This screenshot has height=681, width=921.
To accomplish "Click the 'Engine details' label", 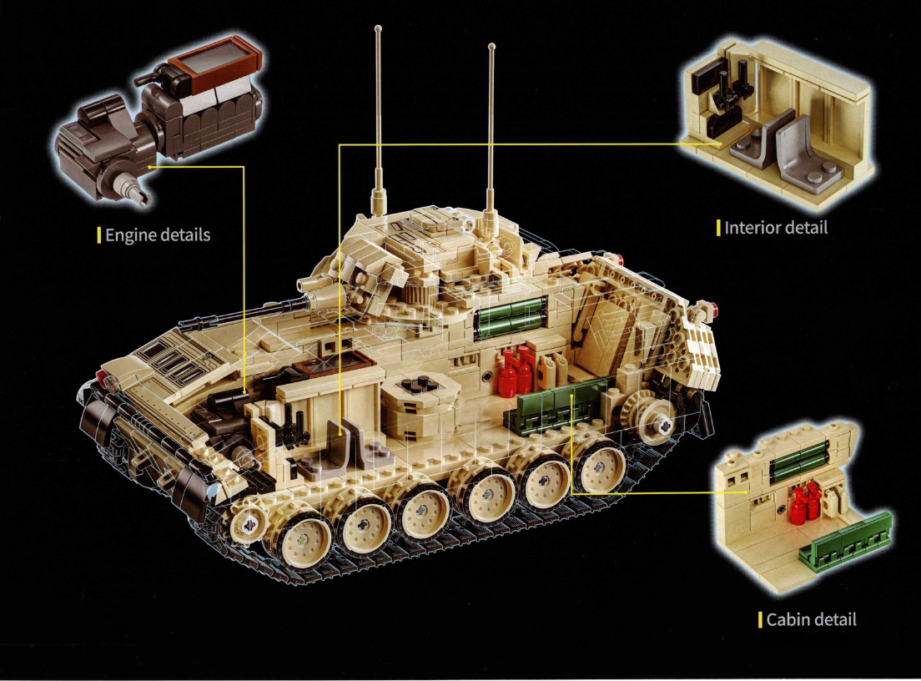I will point(157,235).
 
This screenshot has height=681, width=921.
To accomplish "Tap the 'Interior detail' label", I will point(776,228).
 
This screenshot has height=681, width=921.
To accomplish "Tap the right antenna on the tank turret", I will point(491,125).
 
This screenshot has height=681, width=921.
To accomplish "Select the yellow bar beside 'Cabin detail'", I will point(760,619).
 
